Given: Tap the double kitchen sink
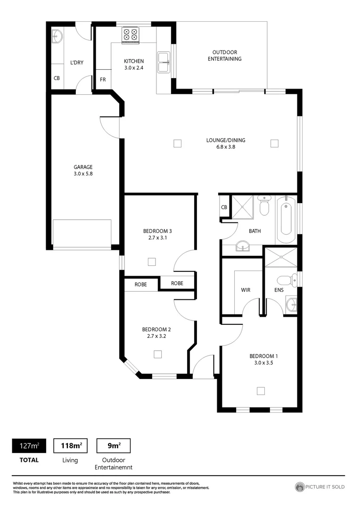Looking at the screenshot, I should [164, 62].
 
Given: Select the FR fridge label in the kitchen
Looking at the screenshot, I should [102, 80].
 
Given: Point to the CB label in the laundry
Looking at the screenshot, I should [57, 78].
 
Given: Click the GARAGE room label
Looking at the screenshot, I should [83, 167].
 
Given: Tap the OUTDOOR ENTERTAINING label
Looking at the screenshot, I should [225, 56].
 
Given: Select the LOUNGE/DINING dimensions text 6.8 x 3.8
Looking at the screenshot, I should [226, 147].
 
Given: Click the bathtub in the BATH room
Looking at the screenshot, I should [286, 218].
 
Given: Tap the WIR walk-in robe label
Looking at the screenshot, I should [245, 290].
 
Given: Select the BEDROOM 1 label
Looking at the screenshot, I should [264, 356].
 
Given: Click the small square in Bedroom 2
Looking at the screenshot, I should [158, 354].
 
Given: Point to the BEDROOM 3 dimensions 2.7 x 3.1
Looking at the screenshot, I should [157, 238].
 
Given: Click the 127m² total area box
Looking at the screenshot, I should [29, 445].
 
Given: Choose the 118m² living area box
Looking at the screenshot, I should [71, 445].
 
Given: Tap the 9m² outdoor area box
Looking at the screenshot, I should [113, 445].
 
